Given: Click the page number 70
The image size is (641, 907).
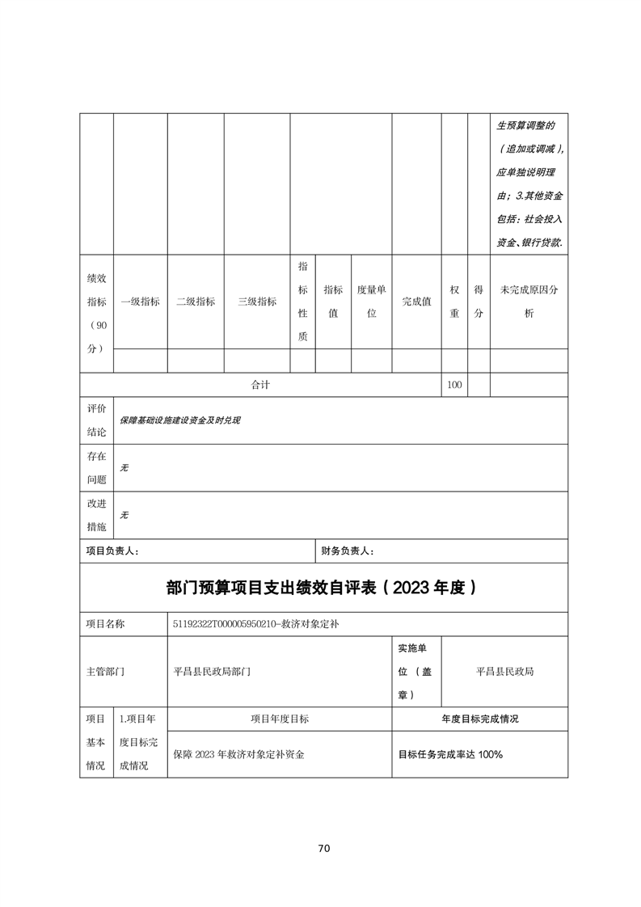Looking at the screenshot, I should (323, 848).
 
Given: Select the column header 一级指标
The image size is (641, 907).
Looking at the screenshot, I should (140, 302).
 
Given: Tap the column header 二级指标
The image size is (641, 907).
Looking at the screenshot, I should (196, 302).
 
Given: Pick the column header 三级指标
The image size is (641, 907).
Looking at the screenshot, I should (257, 302).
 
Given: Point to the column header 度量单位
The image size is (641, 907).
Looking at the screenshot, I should (372, 302).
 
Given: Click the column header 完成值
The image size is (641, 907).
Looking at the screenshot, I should (416, 302).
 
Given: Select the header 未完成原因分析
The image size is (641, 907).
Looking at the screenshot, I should (529, 302).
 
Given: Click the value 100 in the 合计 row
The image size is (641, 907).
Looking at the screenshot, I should (454, 385).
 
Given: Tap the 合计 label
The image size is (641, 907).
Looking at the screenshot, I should (260, 385).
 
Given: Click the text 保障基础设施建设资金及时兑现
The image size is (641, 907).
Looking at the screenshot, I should (180, 420).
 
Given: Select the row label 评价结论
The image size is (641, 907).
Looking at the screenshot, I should (96, 420).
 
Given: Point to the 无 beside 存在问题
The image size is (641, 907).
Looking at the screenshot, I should (124, 468).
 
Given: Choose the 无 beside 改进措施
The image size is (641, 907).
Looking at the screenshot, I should (124, 515).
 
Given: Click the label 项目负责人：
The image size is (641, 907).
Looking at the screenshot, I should (112, 551).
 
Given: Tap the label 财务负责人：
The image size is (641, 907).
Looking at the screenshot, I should (347, 551).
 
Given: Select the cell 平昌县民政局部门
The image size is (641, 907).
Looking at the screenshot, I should (213, 671).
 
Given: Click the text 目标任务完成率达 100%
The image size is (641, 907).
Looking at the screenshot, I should (450, 754).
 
